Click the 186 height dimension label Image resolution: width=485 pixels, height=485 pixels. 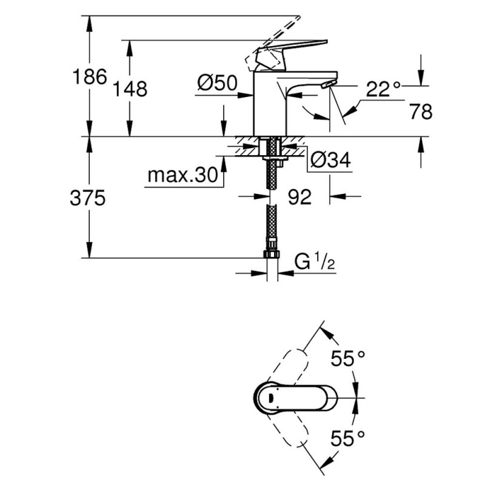coord(90,77)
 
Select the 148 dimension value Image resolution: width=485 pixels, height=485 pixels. coord(130,89)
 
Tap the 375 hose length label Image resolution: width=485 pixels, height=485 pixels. coord(88,198)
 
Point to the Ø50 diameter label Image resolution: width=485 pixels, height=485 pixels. coord(217,83)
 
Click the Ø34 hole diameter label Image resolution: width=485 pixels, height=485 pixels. coord(330,160)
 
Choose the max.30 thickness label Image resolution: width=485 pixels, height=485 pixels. coord(183,175)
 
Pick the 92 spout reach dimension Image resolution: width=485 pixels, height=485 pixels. coord(299,197)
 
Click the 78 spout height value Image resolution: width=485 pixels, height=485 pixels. coord(421,112)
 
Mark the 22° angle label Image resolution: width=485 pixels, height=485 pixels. coord(383,89)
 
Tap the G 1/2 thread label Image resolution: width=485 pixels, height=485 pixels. coord(315,262)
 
